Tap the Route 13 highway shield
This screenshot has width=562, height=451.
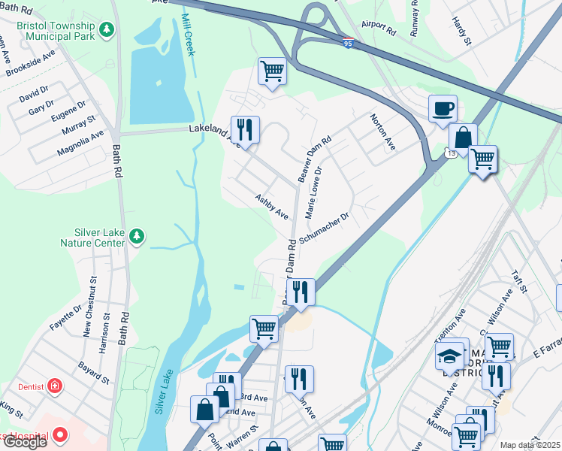click(x=450, y=153)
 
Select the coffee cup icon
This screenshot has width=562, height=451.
click(x=443, y=108)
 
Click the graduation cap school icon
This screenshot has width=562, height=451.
click(x=450, y=355)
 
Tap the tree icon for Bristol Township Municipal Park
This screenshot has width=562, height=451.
click(x=107, y=29)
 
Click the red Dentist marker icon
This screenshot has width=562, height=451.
click(x=54, y=386)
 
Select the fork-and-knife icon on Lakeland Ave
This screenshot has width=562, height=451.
click(x=245, y=129)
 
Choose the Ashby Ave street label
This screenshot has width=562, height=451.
click(x=271, y=207)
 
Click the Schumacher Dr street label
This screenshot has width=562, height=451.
click(x=325, y=228)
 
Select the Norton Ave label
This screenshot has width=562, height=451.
click(x=382, y=131)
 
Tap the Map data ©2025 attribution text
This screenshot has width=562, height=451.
click(x=530, y=445)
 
